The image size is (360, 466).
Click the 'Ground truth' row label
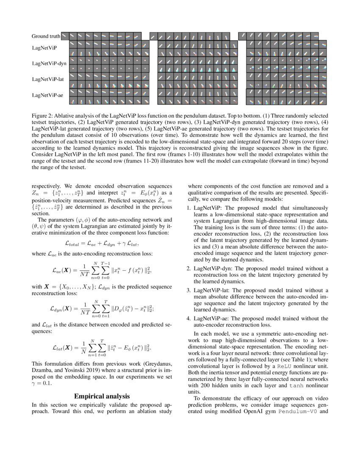[46, 36]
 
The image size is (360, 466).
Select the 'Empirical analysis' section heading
[102, 397]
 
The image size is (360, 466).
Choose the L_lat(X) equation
[102, 348]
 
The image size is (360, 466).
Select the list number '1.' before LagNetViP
[189, 208]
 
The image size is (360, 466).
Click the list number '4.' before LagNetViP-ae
[189, 319]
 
